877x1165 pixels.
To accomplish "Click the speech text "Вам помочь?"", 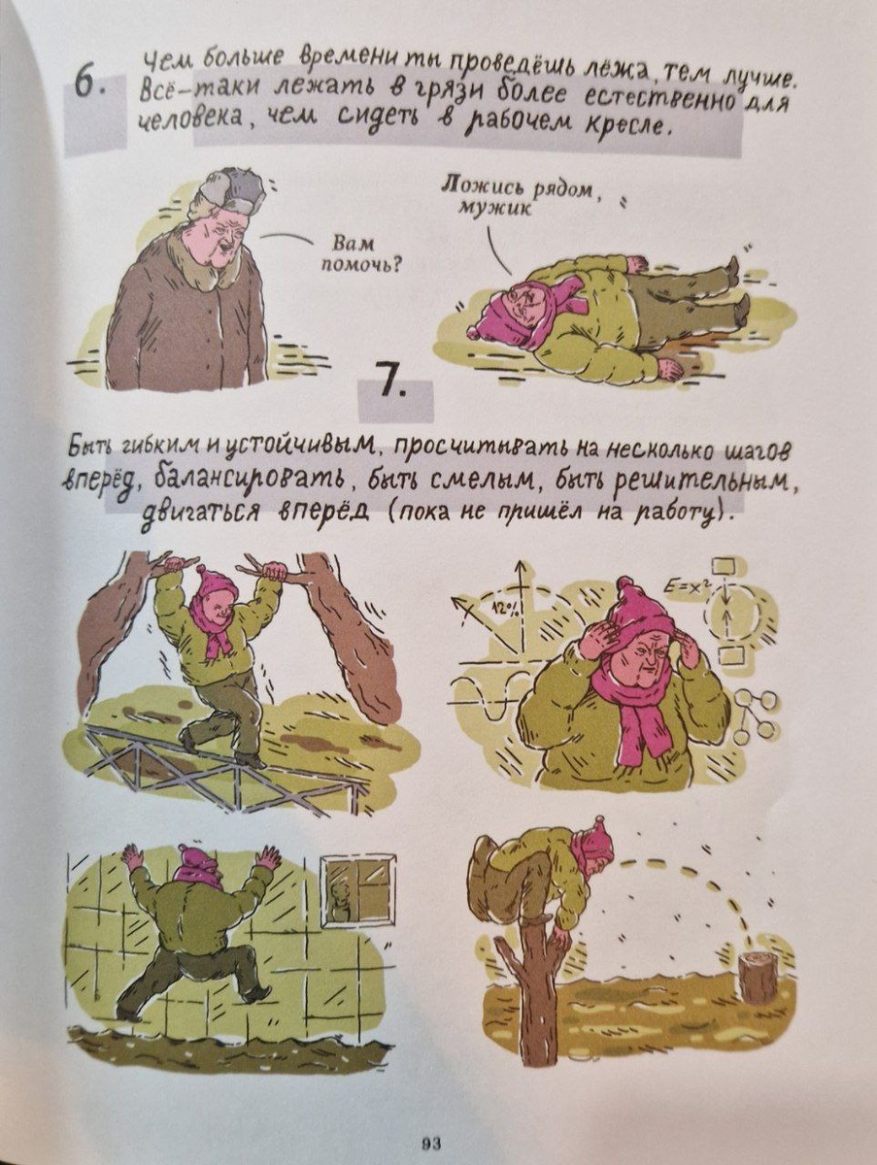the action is coord(360,253).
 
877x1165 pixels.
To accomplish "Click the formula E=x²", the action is coord(688,586).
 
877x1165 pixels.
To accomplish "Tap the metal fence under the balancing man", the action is coord(223,766).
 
